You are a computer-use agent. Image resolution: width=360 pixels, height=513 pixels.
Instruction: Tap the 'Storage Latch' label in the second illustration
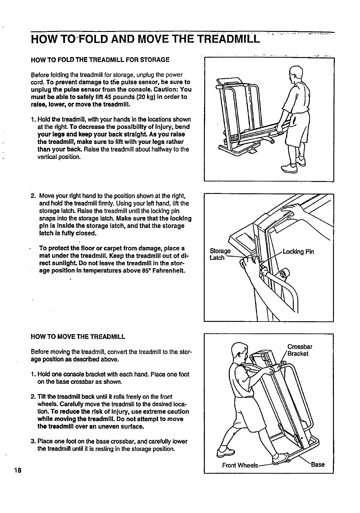coord(220,254)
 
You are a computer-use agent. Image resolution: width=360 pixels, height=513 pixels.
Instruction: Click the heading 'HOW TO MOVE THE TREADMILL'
coord(78,337)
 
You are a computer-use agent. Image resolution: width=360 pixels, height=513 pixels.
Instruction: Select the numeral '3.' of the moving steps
coord(33,441)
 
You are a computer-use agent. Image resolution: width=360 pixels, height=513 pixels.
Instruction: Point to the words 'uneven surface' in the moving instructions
coord(124,426)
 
